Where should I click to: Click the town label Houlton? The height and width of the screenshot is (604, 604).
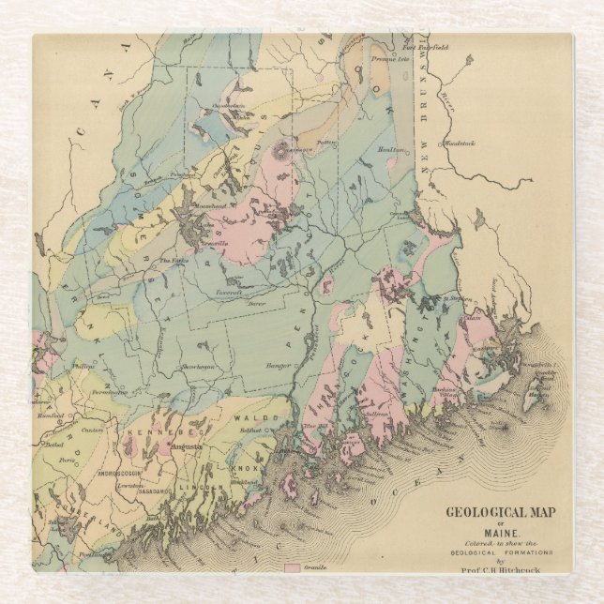click(391, 149)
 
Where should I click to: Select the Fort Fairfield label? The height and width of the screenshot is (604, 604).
click(425, 47)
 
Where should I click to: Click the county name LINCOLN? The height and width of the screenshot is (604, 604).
click(208, 491)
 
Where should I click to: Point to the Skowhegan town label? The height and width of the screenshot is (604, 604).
click(198, 366)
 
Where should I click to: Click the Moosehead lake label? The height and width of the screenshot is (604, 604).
click(204, 204)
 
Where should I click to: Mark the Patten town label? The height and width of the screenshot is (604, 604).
click(326, 142)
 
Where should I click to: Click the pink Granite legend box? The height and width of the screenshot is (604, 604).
click(292, 568)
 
